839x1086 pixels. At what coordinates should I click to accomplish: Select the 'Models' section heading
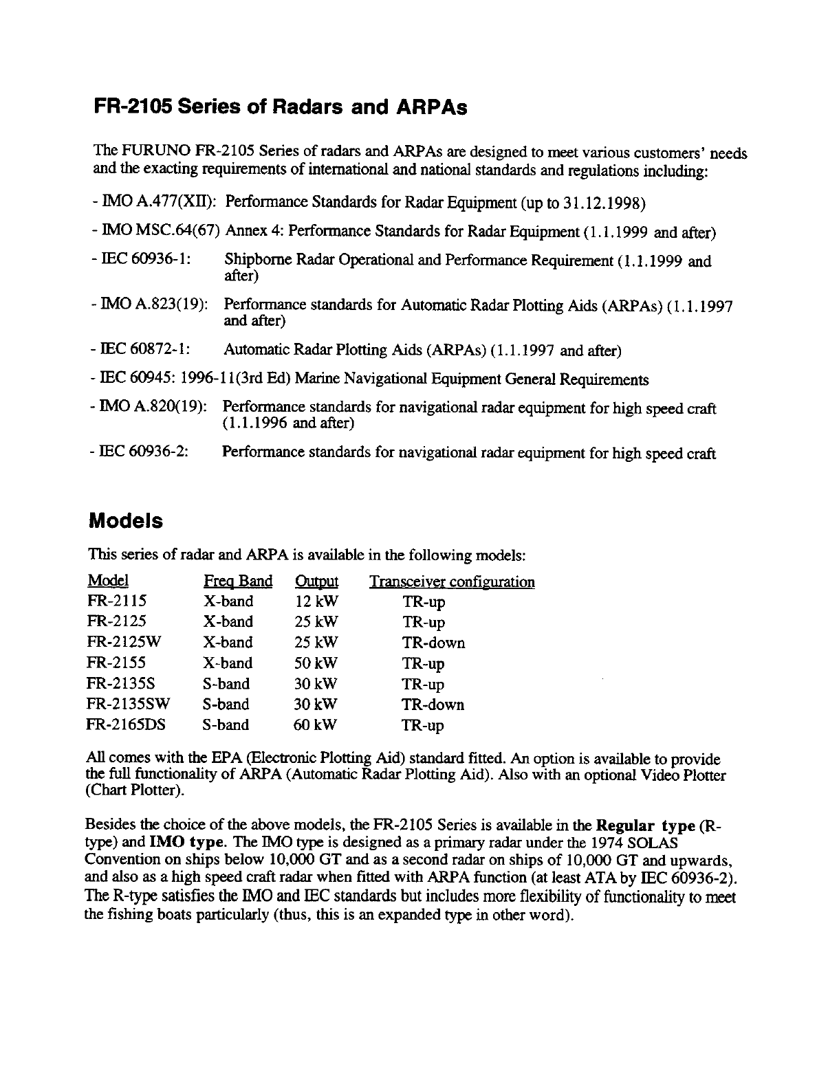tap(127, 520)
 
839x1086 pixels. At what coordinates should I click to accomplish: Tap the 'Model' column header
tap(108, 581)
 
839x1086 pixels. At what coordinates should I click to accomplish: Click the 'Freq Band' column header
tap(238, 581)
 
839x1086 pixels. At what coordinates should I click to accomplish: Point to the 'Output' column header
tap(316, 581)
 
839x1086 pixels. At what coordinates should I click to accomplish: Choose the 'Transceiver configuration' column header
tap(452, 582)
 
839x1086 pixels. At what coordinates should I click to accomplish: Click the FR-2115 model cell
tap(116, 601)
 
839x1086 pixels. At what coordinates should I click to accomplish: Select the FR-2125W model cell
tap(122, 643)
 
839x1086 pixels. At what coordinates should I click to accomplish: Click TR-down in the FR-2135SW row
tap(433, 705)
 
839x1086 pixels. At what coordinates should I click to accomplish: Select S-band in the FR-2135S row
tap(226, 684)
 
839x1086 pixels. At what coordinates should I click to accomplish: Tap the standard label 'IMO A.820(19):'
tap(149, 408)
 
